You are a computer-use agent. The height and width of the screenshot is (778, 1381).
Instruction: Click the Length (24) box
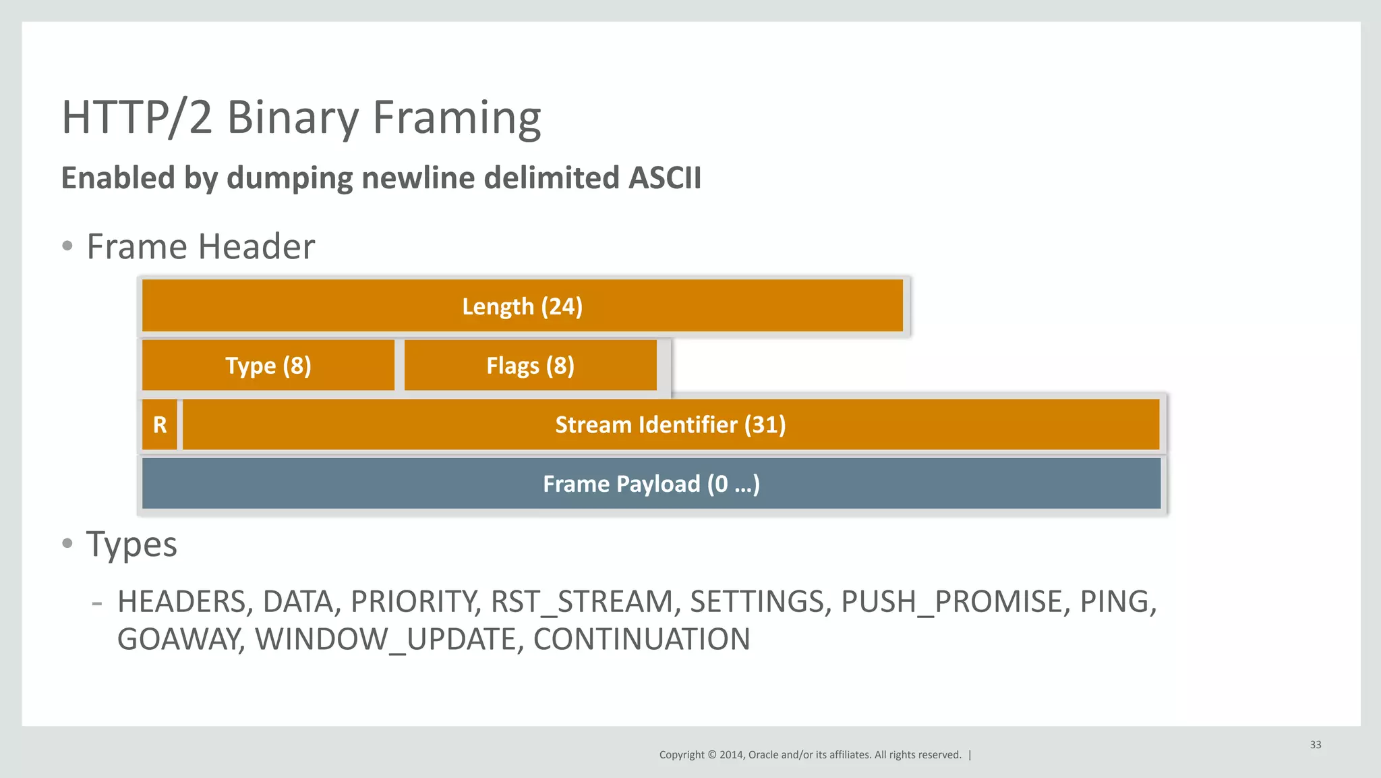[x=522, y=306]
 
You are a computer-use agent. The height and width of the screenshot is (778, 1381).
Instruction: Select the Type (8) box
[x=268, y=366]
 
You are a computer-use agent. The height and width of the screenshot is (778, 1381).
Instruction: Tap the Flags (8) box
[x=530, y=366]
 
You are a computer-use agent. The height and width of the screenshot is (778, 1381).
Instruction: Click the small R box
[x=160, y=425]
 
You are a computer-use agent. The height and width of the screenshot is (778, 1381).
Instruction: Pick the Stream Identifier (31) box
[x=670, y=425]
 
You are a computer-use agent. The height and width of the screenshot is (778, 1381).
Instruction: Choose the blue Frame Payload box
[x=651, y=484]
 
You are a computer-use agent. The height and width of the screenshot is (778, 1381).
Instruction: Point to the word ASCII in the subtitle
[x=664, y=178]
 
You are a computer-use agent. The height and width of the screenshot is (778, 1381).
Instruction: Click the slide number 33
[x=1315, y=744]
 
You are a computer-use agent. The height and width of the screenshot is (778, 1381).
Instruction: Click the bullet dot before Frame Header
[x=67, y=246]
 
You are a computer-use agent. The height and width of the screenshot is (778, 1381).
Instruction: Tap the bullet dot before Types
[x=67, y=543]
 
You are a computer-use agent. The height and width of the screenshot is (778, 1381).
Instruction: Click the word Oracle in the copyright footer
[x=763, y=755]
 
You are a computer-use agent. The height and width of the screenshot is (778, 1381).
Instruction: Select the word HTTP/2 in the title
[x=136, y=118]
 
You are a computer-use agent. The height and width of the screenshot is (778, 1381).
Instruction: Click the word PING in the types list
[x=1117, y=602]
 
